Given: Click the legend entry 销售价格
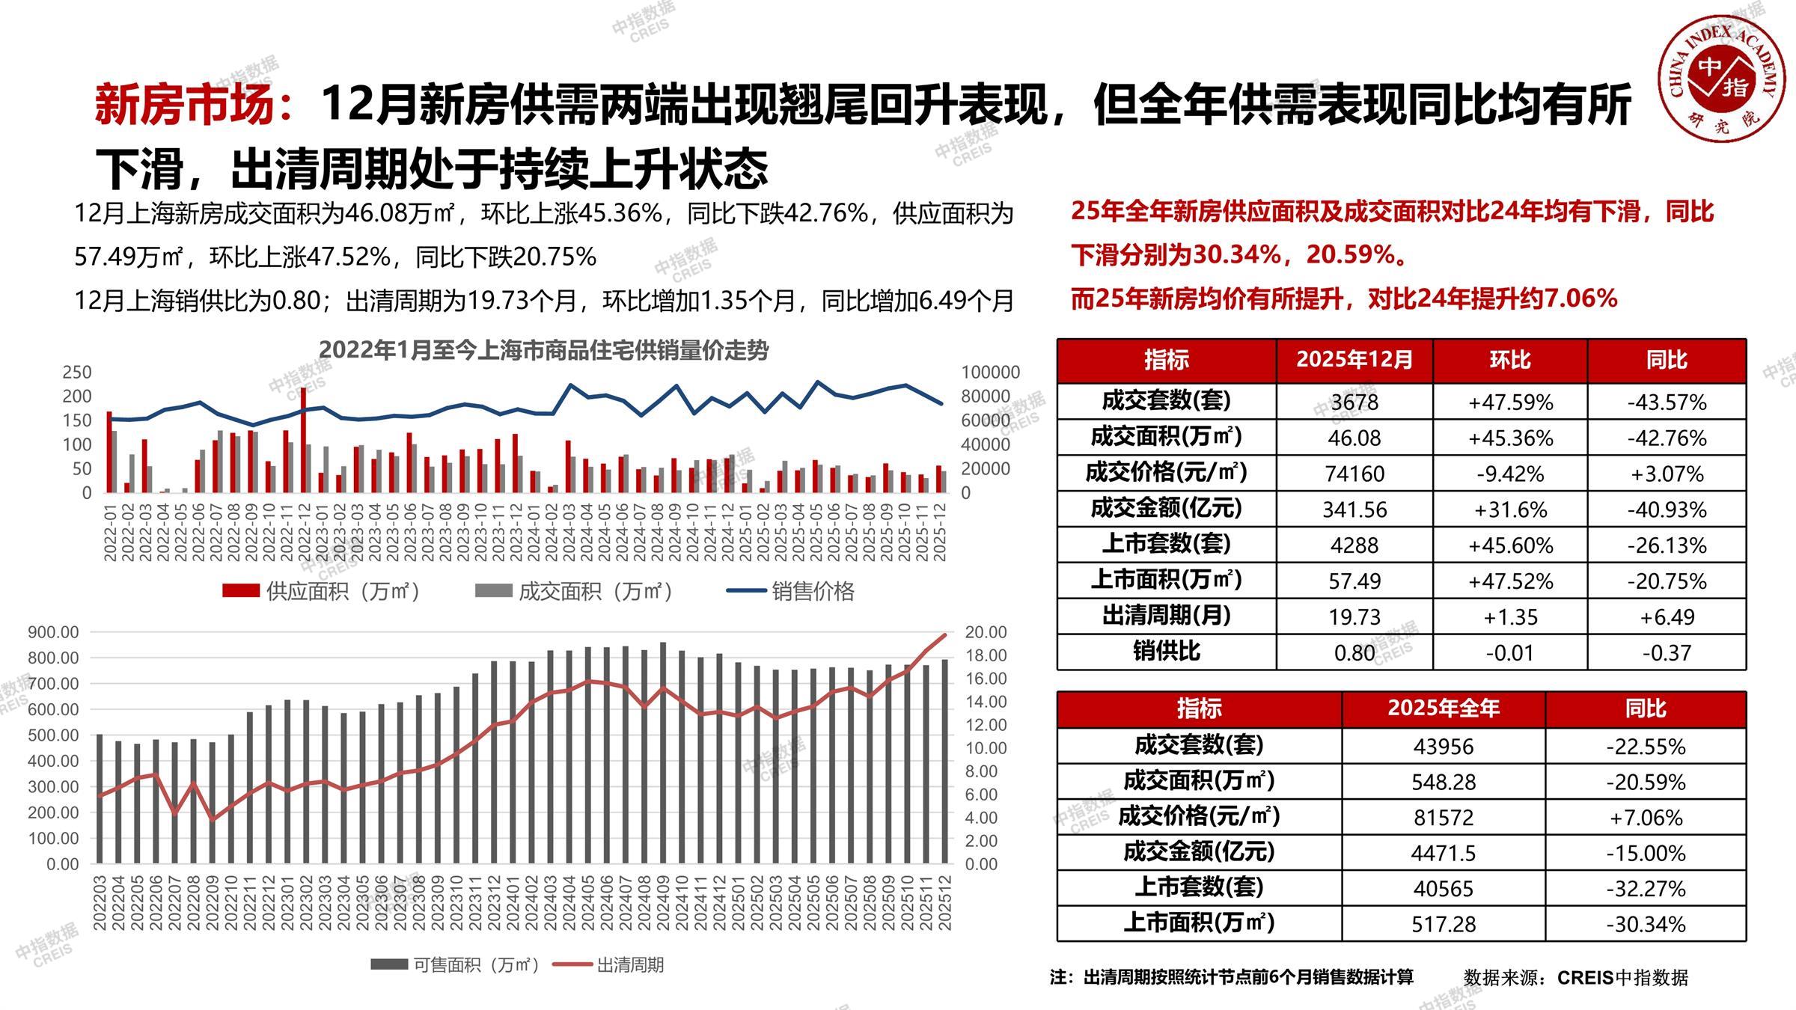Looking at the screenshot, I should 813,591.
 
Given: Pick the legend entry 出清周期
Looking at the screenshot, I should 629,964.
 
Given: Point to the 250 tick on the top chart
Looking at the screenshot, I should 77,372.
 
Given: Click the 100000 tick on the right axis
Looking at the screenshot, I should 990,372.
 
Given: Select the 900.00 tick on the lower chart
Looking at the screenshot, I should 53,632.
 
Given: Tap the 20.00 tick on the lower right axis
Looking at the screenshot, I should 986,632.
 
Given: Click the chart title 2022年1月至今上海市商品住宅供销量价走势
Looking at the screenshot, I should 543,350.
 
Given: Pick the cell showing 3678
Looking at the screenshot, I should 1354,403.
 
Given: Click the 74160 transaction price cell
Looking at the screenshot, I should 1354,474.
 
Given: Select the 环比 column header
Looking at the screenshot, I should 1509,360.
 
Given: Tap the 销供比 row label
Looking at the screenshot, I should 1166,652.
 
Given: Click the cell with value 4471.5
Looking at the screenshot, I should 1443,853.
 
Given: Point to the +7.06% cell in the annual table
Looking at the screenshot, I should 1645,817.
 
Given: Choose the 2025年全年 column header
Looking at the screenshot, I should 1443,708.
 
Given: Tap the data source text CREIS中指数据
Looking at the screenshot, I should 1622,977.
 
